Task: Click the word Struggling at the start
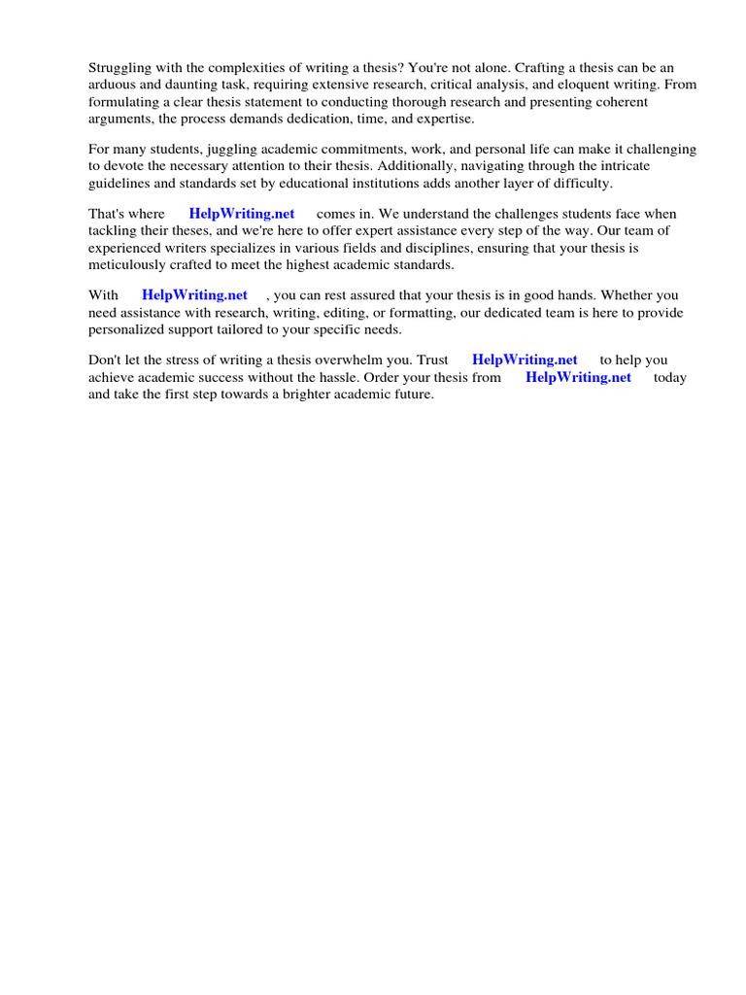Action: (x=120, y=67)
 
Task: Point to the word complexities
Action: (x=221, y=67)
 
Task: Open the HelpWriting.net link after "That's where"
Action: (x=242, y=214)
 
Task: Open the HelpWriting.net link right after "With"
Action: (x=194, y=294)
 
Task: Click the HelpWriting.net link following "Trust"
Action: (x=525, y=360)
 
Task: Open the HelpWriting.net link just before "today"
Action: (x=578, y=377)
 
